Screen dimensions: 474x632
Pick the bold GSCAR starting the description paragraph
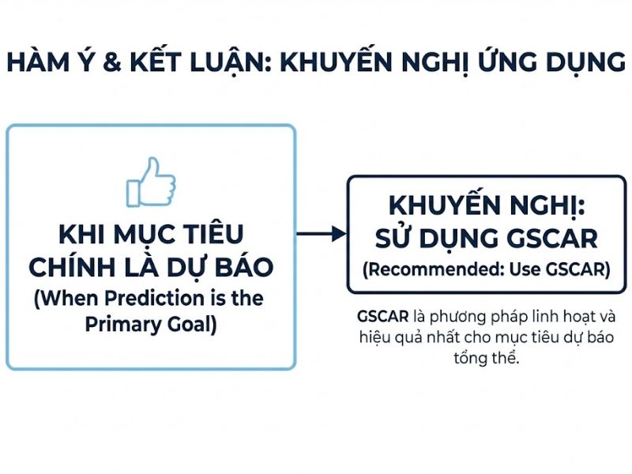click(382, 317)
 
